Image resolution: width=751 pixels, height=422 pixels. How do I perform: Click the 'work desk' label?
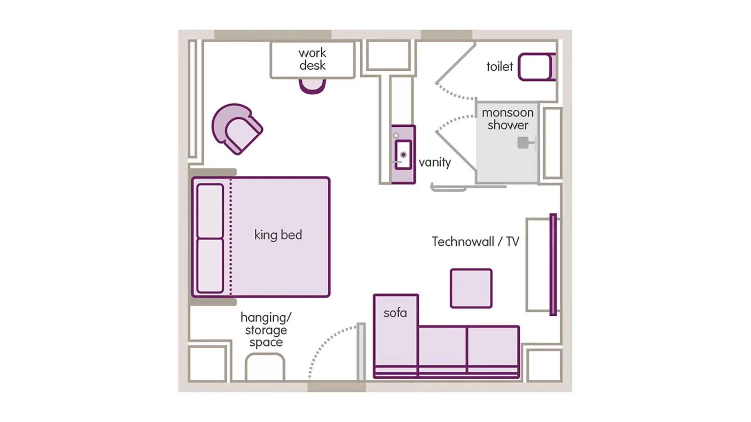(x=312, y=59)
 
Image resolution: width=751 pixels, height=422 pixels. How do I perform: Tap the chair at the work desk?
(x=312, y=86)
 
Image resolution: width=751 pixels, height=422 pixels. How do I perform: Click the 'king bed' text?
(x=278, y=235)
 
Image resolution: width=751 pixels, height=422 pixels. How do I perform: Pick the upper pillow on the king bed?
(x=210, y=211)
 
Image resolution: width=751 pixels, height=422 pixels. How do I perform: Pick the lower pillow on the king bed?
(x=210, y=265)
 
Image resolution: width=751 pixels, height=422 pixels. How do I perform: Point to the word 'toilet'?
(x=499, y=67)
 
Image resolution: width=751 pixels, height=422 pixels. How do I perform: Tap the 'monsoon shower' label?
(x=508, y=119)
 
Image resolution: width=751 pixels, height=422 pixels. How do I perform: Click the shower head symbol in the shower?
(x=523, y=143)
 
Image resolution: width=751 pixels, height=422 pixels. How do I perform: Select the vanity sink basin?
(x=403, y=154)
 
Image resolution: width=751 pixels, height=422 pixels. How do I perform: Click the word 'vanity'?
(x=435, y=162)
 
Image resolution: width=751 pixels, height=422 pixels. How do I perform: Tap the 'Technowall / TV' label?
(x=475, y=241)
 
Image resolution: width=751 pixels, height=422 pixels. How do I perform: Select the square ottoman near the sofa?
(x=471, y=288)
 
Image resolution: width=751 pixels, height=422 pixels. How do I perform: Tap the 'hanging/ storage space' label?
(x=265, y=330)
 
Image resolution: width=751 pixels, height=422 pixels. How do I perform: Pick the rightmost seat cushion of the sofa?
(x=493, y=346)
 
